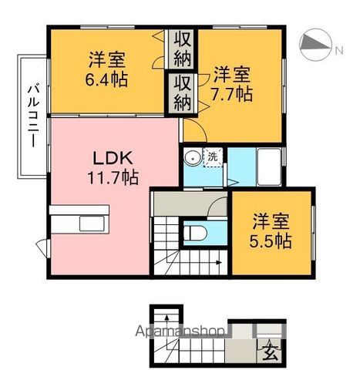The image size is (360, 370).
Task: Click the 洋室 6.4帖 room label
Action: [x=107, y=68]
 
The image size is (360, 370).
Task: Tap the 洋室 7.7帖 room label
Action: [x=231, y=85]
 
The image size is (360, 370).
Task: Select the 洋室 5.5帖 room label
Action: [x=273, y=230]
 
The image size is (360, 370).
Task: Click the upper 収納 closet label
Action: [x=183, y=46]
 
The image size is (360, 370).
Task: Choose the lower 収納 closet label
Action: [x=183, y=91]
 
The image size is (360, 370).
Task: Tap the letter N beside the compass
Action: [x=338, y=51]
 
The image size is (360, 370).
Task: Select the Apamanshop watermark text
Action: [x=180, y=331]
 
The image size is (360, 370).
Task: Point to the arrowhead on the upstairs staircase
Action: [x=220, y=264]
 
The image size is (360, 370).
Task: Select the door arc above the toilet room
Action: [x=218, y=206]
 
